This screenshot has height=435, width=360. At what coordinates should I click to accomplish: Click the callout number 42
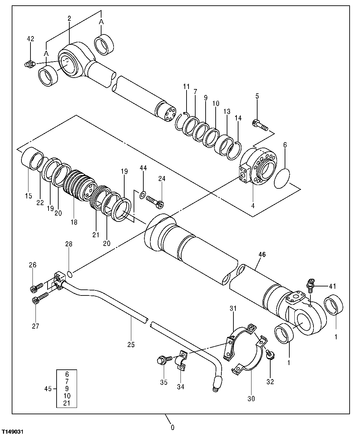pos(30,39)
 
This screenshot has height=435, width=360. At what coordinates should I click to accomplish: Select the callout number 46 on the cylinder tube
pos(262,255)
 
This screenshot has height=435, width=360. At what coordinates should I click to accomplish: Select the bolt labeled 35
pos(163,360)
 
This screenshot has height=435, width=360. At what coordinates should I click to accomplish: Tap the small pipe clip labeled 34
pos(181,361)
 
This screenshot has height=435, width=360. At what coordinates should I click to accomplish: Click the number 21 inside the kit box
pos(67,403)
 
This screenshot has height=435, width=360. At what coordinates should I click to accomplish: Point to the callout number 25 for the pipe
pos(131,345)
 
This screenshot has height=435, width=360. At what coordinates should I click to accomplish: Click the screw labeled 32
pos(270,355)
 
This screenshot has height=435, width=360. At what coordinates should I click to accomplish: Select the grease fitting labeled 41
pos(310,284)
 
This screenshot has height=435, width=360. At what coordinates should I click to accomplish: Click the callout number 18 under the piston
pos(74,222)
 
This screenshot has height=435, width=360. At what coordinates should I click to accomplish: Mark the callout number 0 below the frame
pos(173,427)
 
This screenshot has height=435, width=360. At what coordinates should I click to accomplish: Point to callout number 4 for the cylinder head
pos(253,206)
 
